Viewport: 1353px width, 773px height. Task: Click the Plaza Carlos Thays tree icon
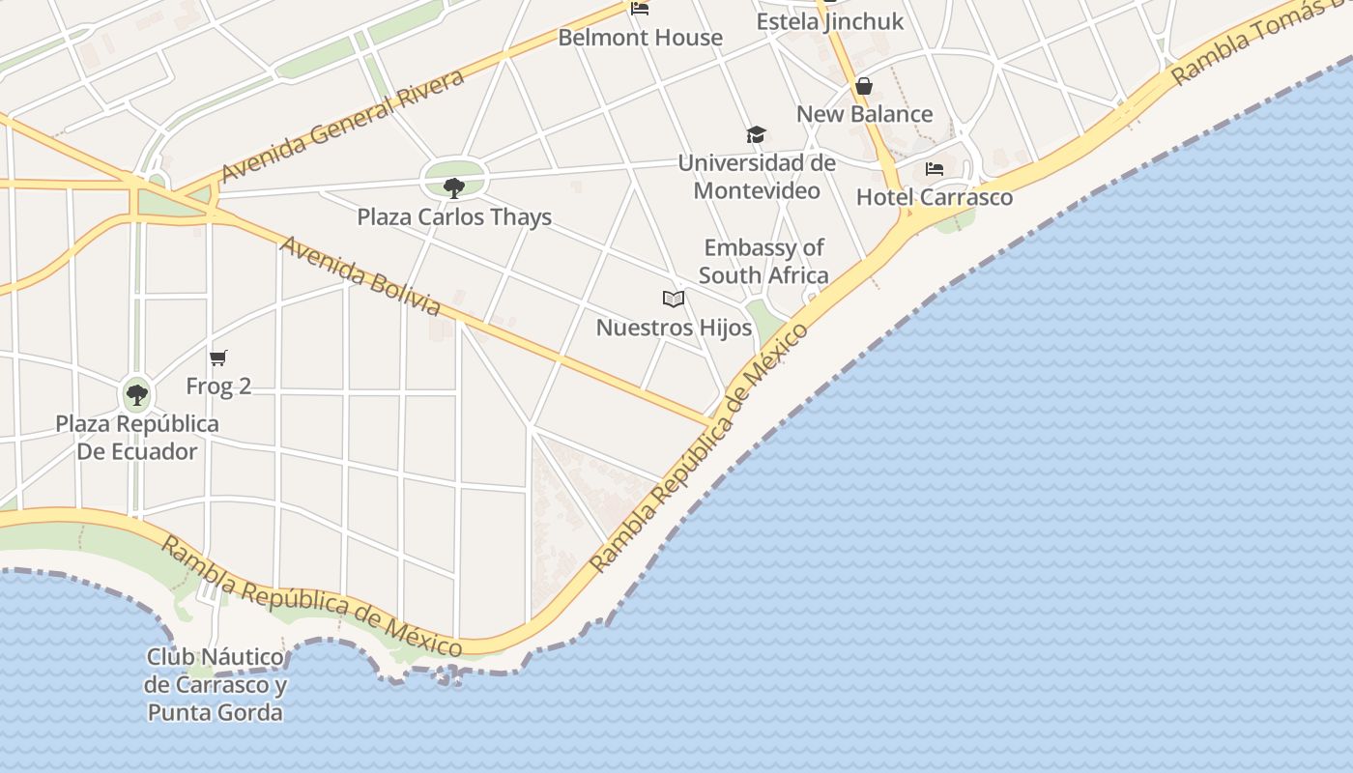(453, 187)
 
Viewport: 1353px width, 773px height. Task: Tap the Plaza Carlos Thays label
(454, 216)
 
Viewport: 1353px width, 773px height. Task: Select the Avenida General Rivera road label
(343, 127)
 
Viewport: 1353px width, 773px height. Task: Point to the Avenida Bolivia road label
(360, 275)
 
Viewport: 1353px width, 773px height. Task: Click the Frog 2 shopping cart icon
(218, 358)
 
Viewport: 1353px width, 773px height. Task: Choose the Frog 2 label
(218, 386)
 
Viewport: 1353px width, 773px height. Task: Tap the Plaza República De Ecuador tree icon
(136, 394)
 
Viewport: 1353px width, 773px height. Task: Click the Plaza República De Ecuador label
(137, 438)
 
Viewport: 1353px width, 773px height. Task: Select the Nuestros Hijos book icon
(674, 300)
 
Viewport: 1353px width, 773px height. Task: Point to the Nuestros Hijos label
(674, 328)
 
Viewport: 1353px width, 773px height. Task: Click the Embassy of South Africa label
(763, 262)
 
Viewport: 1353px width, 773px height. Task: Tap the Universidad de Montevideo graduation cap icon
(756, 135)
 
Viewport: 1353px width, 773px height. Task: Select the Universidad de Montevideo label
(757, 177)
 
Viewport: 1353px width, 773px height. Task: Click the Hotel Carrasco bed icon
(935, 169)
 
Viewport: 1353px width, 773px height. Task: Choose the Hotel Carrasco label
(935, 197)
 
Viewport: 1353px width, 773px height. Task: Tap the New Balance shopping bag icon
(864, 87)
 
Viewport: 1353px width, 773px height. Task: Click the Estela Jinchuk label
(830, 21)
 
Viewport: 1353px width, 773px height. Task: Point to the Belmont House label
(641, 38)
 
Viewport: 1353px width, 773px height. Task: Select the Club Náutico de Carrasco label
(216, 685)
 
